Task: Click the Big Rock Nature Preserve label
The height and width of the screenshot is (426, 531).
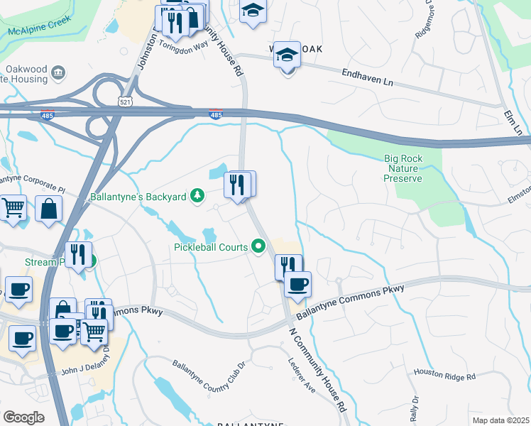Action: pos(404,168)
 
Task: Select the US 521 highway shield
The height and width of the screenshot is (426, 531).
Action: pos(125,102)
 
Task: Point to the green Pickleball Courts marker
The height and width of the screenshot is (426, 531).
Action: pos(259,247)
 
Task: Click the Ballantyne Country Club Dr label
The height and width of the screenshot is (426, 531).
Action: pos(209,374)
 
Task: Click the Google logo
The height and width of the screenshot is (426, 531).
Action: pos(23,417)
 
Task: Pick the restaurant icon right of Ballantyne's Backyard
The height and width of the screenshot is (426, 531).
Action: pos(238,185)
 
